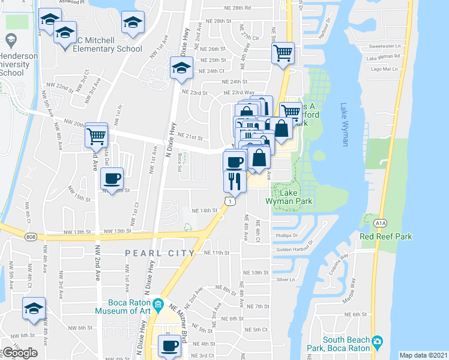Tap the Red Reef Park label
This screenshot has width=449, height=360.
[385, 236]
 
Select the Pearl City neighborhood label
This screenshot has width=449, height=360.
[160, 253]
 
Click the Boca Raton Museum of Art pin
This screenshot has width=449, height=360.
[158, 303]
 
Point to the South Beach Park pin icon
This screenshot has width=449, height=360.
[377, 343]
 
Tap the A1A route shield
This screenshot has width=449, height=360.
[380, 223]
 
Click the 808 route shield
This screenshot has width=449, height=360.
[30, 238]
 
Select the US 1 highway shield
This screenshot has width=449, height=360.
[231, 202]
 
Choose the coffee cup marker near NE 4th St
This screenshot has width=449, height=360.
[170, 346]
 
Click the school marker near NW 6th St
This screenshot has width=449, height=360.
[34, 308]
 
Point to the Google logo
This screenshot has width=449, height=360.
[20, 353]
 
